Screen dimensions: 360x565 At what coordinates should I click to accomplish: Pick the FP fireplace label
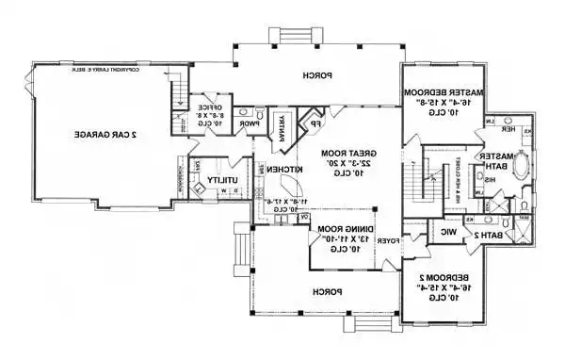315,123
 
